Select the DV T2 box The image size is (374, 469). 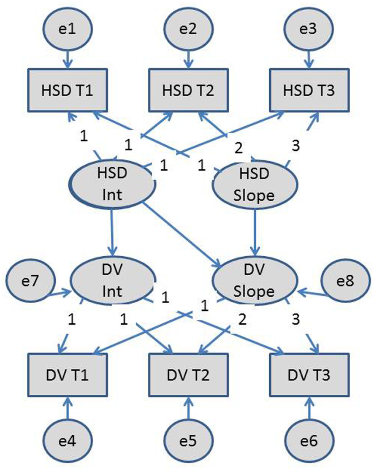coord(187,375)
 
